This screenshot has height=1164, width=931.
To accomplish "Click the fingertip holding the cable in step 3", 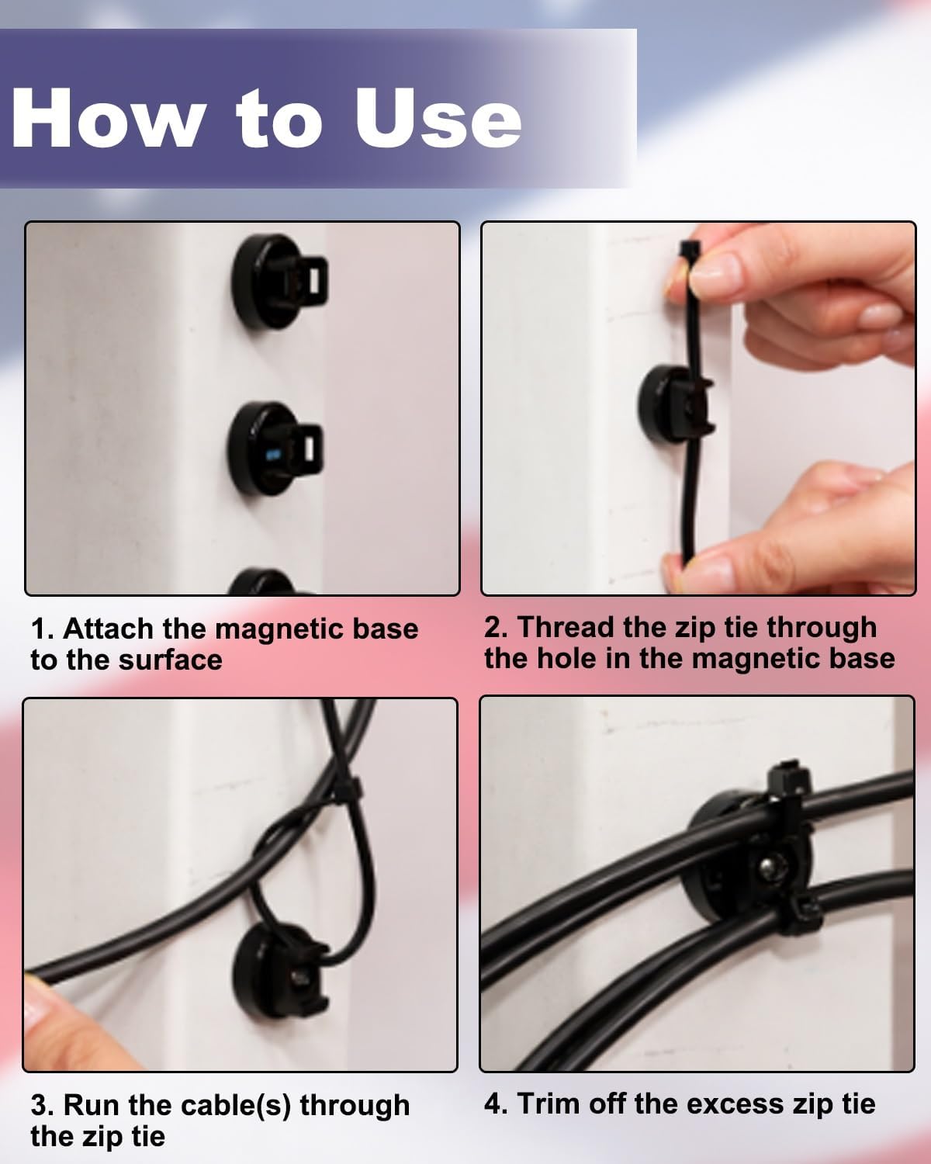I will [x=39, y=1001].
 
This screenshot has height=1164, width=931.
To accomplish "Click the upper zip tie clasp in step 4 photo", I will [x=789, y=780].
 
